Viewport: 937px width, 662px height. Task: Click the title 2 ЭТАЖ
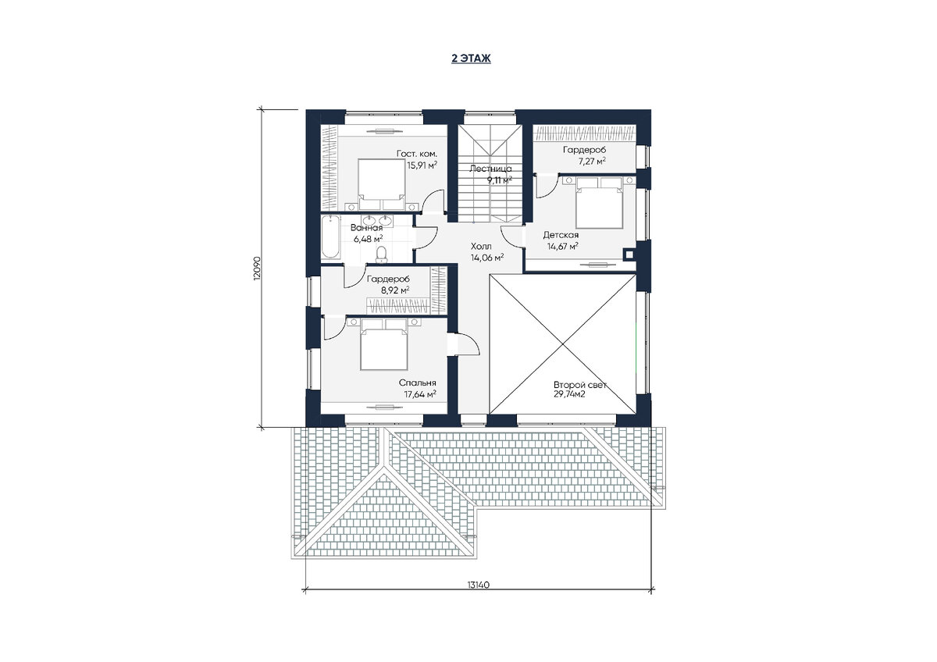pyautogui.click(x=471, y=59)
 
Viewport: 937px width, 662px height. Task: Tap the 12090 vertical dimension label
pyautogui.click(x=257, y=268)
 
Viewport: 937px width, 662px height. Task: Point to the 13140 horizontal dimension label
pyautogui.click(x=479, y=585)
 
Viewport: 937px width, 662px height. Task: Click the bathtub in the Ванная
pyautogui.click(x=330, y=237)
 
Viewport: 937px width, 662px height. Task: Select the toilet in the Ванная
pyautogui.click(x=381, y=254)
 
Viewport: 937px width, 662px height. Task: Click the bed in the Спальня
pyautogui.click(x=384, y=344)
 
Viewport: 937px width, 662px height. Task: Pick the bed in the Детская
pyautogui.click(x=600, y=202)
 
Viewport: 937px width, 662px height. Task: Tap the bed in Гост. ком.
pyautogui.click(x=382, y=184)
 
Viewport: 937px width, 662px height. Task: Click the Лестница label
pyautogui.click(x=490, y=169)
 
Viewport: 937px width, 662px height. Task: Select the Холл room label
pyautogui.click(x=481, y=247)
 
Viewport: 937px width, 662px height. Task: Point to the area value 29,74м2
pyautogui.click(x=569, y=394)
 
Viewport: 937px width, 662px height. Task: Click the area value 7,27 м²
pyautogui.click(x=590, y=161)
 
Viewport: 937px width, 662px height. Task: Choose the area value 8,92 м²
pyautogui.click(x=394, y=290)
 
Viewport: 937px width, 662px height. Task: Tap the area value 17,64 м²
pyautogui.click(x=420, y=394)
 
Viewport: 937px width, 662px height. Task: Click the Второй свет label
pyautogui.click(x=579, y=385)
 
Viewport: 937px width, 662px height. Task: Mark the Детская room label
pyautogui.click(x=561, y=235)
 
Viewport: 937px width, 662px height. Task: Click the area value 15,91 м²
pyautogui.click(x=422, y=165)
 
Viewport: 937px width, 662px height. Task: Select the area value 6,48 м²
pyautogui.click(x=368, y=239)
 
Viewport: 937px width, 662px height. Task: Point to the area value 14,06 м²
pyautogui.click(x=487, y=258)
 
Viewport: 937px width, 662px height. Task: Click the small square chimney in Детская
pyautogui.click(x=629, y=255)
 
